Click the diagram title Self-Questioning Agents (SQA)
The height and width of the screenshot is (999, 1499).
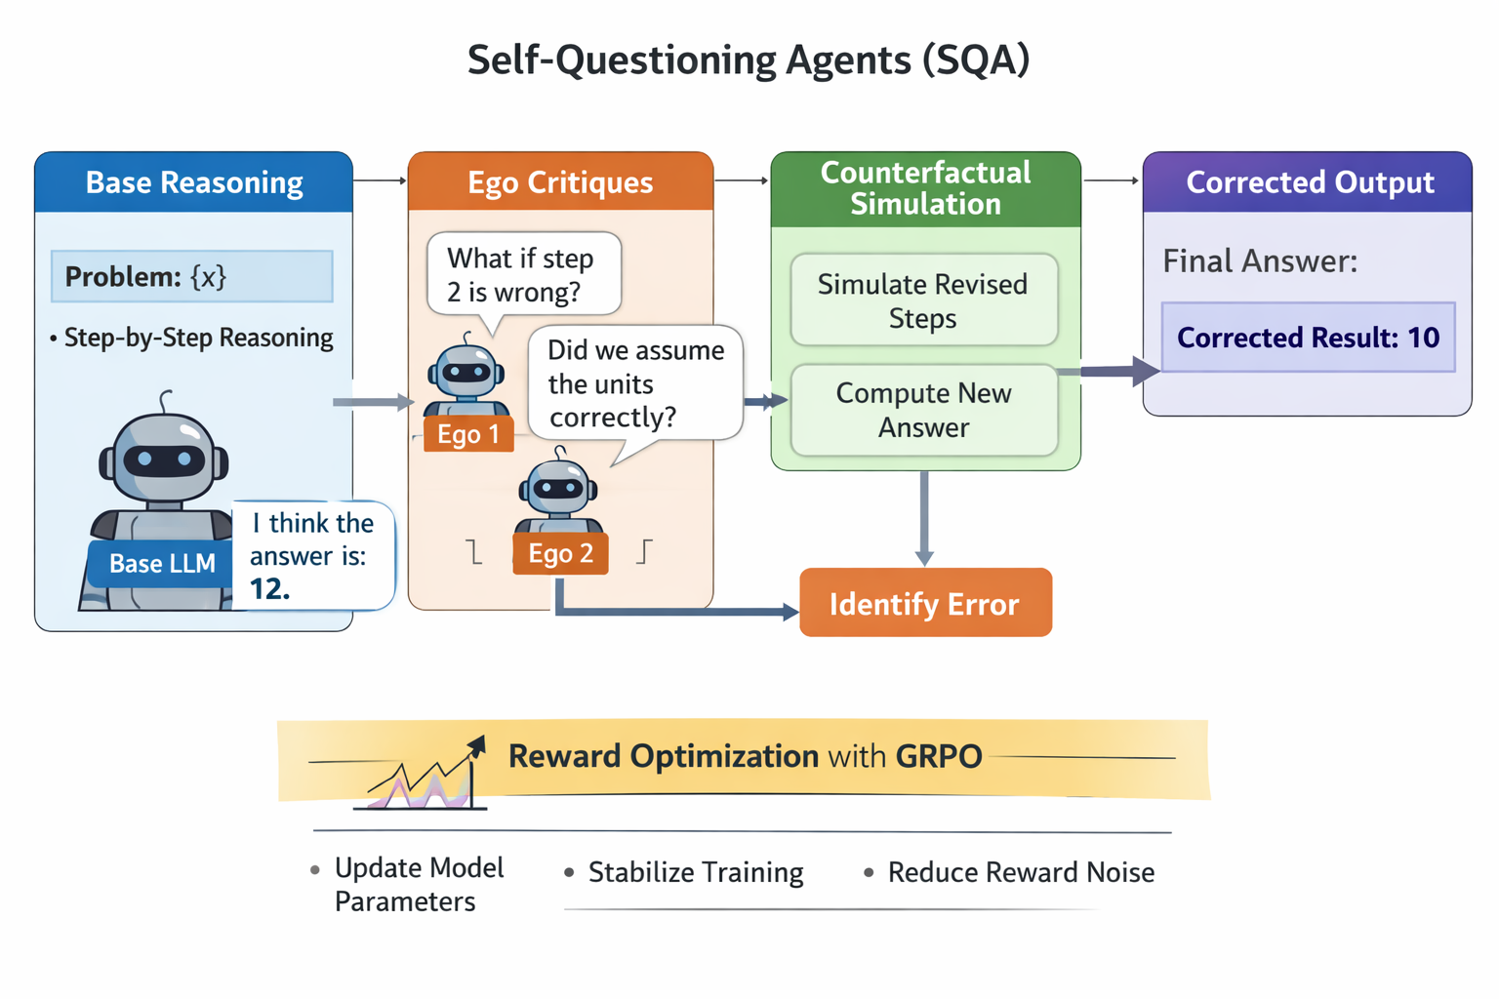coord(749,60)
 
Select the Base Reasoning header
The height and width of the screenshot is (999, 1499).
coord(194,182)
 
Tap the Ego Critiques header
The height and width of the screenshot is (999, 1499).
coord(560,182)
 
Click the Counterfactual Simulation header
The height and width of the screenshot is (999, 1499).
coord(925,188)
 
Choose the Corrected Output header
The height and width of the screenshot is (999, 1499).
coord(1309,182)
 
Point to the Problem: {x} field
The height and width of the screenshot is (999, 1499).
coord(192,277)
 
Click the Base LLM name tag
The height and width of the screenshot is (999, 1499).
coord(162,564)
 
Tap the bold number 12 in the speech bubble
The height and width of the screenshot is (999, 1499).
coord(268,589)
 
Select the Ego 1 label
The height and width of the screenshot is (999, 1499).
coord(468,434)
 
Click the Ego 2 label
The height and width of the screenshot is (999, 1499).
coord(560,553)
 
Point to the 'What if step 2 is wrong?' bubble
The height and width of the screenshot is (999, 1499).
coord(523,274)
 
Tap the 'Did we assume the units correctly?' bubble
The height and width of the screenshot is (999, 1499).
coord(635,383)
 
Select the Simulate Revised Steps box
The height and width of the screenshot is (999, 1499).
coord(923,300)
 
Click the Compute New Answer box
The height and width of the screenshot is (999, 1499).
coord(923,410)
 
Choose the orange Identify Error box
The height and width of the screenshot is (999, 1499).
coord(925,604)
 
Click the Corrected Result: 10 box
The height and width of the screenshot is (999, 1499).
coord(1308,338)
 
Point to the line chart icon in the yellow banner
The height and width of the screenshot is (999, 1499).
coord(427,778)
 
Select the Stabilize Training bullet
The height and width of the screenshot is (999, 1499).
coord(695,872)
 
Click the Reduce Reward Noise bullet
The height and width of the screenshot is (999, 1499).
coord(1020,872)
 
